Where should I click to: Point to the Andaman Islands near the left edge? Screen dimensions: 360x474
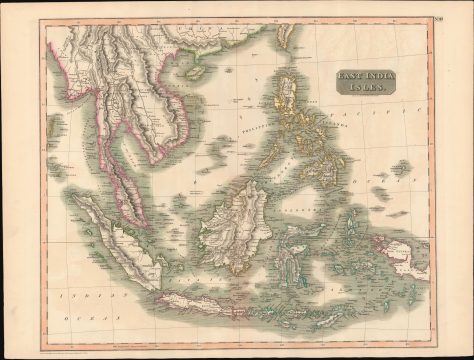(52, 130)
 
